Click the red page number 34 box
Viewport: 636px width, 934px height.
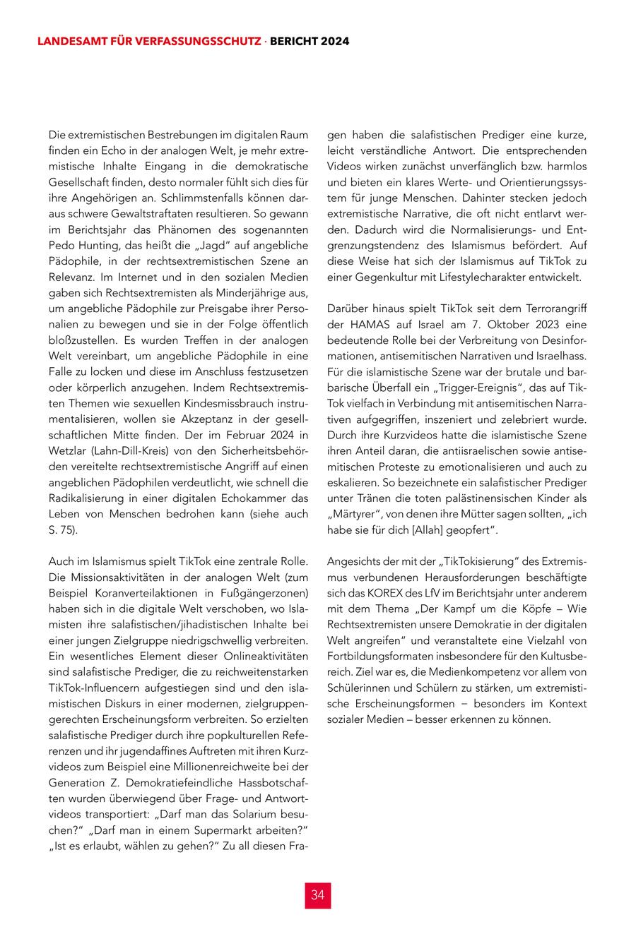[x=317, y=895]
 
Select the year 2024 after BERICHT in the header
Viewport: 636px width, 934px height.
[x=335, y=42]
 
